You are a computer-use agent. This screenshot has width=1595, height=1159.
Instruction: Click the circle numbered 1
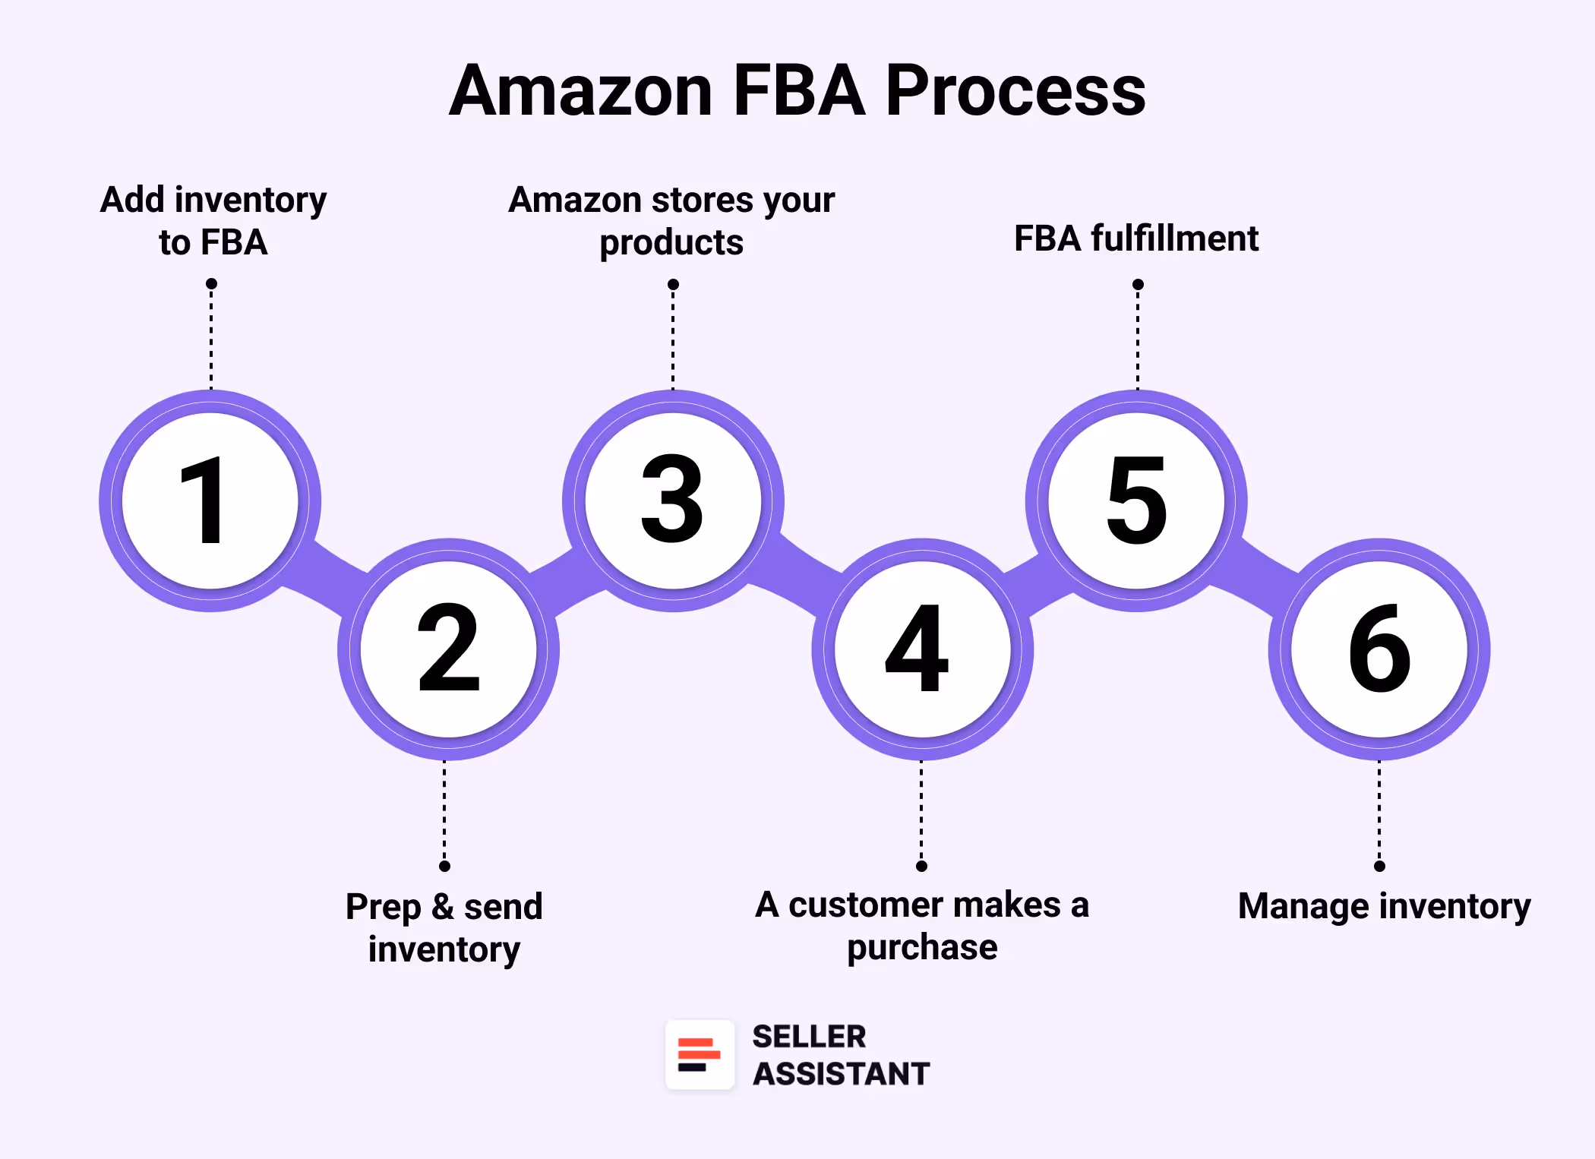click(210, 501)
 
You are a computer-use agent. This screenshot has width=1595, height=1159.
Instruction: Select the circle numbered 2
click(448, 649)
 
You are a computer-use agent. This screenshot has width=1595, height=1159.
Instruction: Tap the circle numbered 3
click(673, 501)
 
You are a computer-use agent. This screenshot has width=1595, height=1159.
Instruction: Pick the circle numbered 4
click(922, 649)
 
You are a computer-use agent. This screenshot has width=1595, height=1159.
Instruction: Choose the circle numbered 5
click(1136, 501)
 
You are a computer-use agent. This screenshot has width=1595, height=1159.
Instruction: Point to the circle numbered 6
click(1379, 649)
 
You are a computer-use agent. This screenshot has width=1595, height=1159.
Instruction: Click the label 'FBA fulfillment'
click(1136, 238)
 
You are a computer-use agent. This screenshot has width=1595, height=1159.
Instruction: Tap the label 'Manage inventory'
click(1384, 906)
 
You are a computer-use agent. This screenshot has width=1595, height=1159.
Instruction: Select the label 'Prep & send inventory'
click(444, 927)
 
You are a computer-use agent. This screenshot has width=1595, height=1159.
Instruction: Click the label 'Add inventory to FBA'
click(213, 221)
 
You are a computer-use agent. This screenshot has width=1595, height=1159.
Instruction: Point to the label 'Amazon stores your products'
click(671, 221)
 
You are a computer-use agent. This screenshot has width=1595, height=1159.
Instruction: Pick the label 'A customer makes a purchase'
click(922, 926)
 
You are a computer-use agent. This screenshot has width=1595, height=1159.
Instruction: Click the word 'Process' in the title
click(1015, 90)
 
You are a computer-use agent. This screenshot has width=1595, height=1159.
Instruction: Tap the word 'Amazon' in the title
click(581, 90)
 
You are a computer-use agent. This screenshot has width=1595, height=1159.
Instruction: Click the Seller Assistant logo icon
click(700, 1055)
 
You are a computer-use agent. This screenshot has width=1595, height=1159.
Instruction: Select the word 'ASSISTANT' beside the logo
click(841, 1074)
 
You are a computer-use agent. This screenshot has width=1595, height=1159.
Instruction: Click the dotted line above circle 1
click(211, 338)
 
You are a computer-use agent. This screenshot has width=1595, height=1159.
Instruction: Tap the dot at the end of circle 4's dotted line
click(921, 866)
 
